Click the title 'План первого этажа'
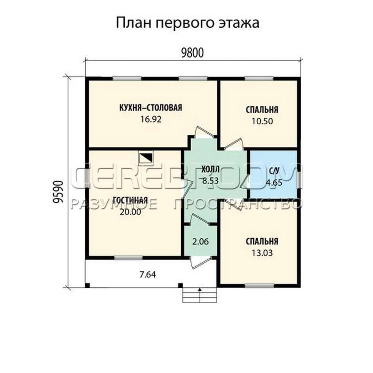pyautogui.click(x=188, y=23)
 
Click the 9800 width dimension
pyautogui.click(x=192, y=53)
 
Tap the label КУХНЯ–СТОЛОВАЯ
pyautogui.click(x=151, y=108)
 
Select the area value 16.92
pyautogui.click(x=151, y=119)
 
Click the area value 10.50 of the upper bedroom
pyautogui.click(x=262, y=121)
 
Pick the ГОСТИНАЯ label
pyautogui.click(x=130, y=200)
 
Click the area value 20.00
pyautogui.click(x=130, y=212)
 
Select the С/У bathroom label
pyautogui.click(x=274, y=171)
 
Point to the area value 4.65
pyautogui.click(x=274, y=183)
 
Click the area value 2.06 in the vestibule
pyautogui.click(x=201, y=242)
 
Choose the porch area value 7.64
pyautogui.click(x=147, y=275)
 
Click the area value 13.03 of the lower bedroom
pyautogui.click(x=262, y=253)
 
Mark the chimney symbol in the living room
pyautogui.click(x=146, y=158)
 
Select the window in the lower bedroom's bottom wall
pyautogui.click(x=259, y=286)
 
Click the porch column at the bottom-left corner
pyautogui.click(x=87, y=286)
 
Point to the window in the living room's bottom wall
pyautogui.click(x=128, y=258)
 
